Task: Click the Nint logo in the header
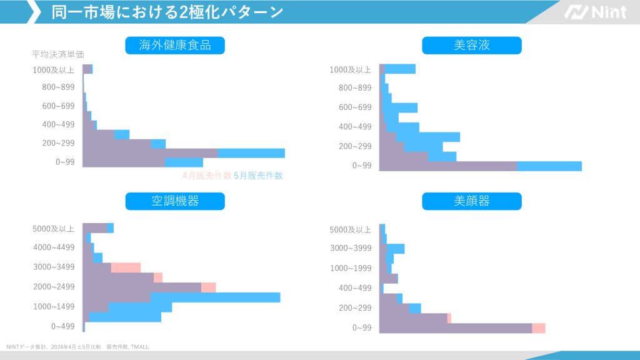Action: pyautogui.click(x=595, y=12)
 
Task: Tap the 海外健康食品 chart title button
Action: pyautogui.click(x=175, y=45)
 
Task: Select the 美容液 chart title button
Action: pyautogui.click(x=471, y=45)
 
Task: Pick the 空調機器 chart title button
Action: pyautogui.click(x=175, y=201)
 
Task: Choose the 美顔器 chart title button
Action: pyautogui.click(x=471, y=201)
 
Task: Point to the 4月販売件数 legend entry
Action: pyautogui.click(x=206, y=176)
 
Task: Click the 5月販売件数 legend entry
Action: pyautogui.click(x=258, y=176)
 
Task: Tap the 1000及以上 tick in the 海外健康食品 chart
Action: pyautogui.click(x=53, y=70)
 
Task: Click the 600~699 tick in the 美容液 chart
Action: pyautogui.click(x=355, y=107)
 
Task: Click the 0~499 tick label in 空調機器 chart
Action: pyautogui.click(x=63, y=326)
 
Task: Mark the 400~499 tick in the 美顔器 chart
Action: pyautogui.click(x=355, y=288)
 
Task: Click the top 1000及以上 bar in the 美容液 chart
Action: pyautogui.click(x=397, y=69)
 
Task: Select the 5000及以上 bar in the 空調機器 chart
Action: pyautogui.click(x=97, y=228)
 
